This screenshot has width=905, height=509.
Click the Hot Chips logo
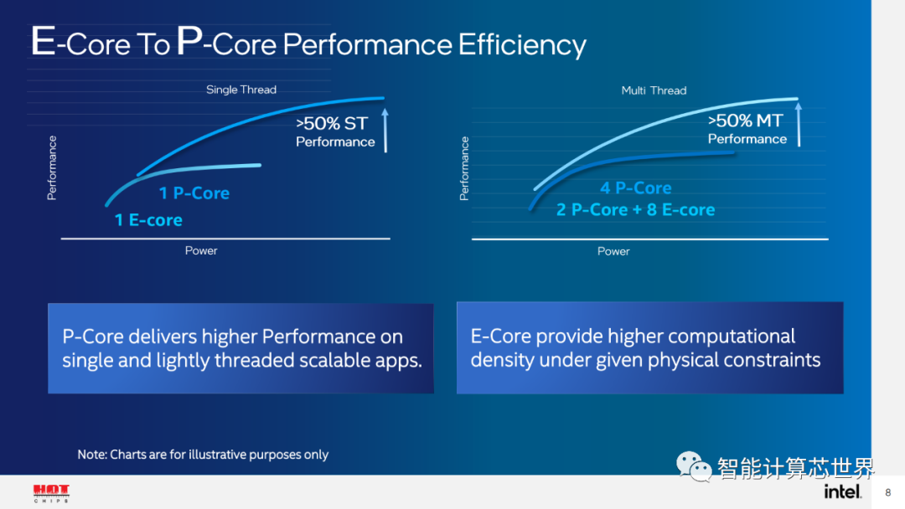click(x=51, y=493)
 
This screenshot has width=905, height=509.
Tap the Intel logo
click(x=842, y=491)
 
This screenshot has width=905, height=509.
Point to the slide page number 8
click(x=887, y=492)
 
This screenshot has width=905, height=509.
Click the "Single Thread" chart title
click(x=241, y=90)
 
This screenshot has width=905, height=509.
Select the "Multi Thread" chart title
click(x=654, y=90)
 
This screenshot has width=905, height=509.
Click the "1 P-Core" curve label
click(x=194, y=193)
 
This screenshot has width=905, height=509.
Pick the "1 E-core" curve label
click(x=148, y=221)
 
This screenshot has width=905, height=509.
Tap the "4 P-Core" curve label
click(x=635, y=188)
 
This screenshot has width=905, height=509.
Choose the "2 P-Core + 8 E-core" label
click(x=635, y=210)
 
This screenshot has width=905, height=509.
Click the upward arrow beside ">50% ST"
click(x=385, y=129)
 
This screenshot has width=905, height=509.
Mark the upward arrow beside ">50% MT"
click(x=799, y=124)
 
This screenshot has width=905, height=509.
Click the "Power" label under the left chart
click(x=201, y=250)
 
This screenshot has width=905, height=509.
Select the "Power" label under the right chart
click(x=613, y=251)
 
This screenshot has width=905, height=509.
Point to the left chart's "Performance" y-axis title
click(x=52, y=167)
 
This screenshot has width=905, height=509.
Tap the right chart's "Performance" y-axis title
click(x=464, y=168)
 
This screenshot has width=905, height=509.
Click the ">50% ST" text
click(x=332, y=124)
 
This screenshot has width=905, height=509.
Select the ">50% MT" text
click(x=745, y=121)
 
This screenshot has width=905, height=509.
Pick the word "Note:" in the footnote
click(x=92, y=455)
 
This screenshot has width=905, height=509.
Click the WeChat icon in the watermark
click(x=695, y=465)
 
